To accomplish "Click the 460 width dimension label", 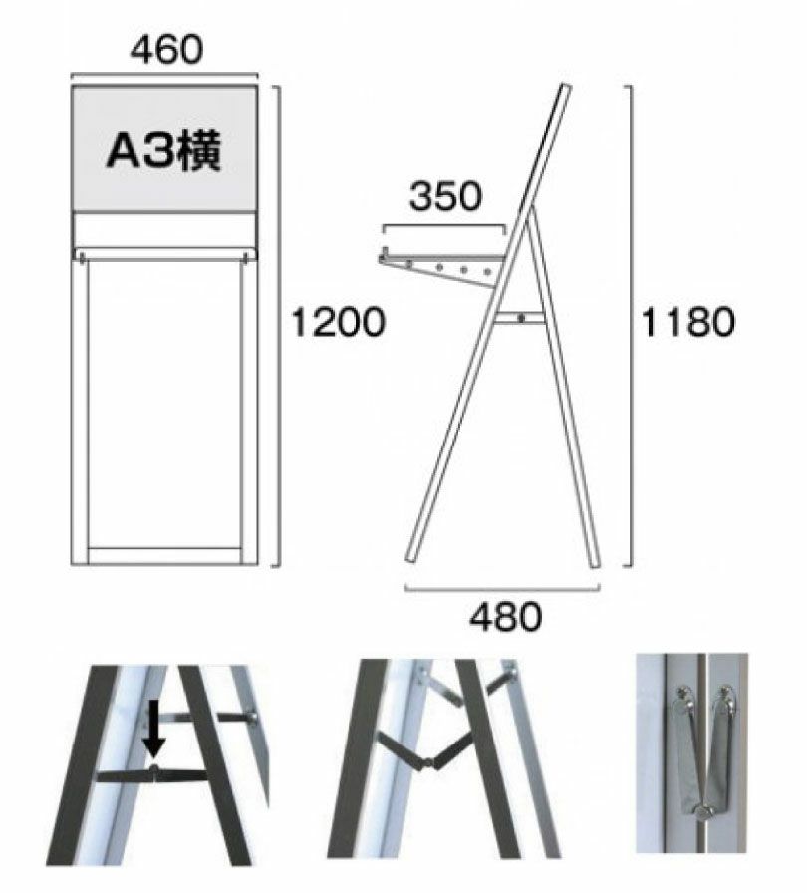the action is tap(166, 50).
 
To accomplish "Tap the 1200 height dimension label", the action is tap(338, 322).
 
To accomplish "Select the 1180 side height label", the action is tap(687, 322).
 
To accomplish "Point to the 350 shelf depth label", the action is tap(445, 196).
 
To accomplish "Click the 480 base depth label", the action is tap(505, 617).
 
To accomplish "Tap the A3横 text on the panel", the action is tap(164, 151).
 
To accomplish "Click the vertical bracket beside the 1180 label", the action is tap(631, 326).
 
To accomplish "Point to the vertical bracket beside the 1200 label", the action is tap(279, 326).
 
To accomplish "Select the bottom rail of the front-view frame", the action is tap(165, 555).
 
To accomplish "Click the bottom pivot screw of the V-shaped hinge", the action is tap(704, 811).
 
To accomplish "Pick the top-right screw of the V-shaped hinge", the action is tap(726, 694).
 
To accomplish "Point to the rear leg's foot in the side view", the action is tap(594, 563).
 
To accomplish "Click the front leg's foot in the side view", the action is tap(412, 556).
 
